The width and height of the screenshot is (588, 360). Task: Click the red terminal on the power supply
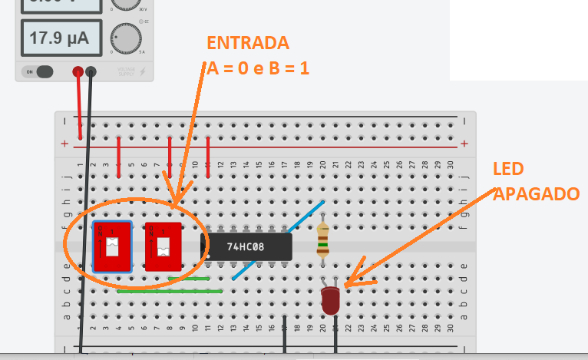tap(78, 72)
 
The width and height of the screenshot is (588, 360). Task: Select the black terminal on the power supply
tap(91, 72)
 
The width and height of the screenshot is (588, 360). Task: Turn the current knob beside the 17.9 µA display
tap(126, 37)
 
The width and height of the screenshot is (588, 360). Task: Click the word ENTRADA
tap(248, 42)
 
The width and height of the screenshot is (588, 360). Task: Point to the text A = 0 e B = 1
tap(259, 68)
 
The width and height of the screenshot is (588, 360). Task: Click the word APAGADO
tap(536, 194)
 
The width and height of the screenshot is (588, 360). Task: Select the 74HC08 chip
tap(246, 247)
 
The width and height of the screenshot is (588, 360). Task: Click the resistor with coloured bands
tap(323, 239)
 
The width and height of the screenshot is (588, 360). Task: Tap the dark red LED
tap(331, 299)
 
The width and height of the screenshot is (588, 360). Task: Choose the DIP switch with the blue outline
tap(112, 246)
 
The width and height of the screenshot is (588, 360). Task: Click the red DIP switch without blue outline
tap(163, 246)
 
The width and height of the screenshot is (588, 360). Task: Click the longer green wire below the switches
tap(170, 292)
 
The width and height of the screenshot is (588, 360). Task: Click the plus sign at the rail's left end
tap(65, 144)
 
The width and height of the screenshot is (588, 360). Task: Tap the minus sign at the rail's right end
tap(464, 121)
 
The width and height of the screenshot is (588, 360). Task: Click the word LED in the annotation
tap(507, 168)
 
